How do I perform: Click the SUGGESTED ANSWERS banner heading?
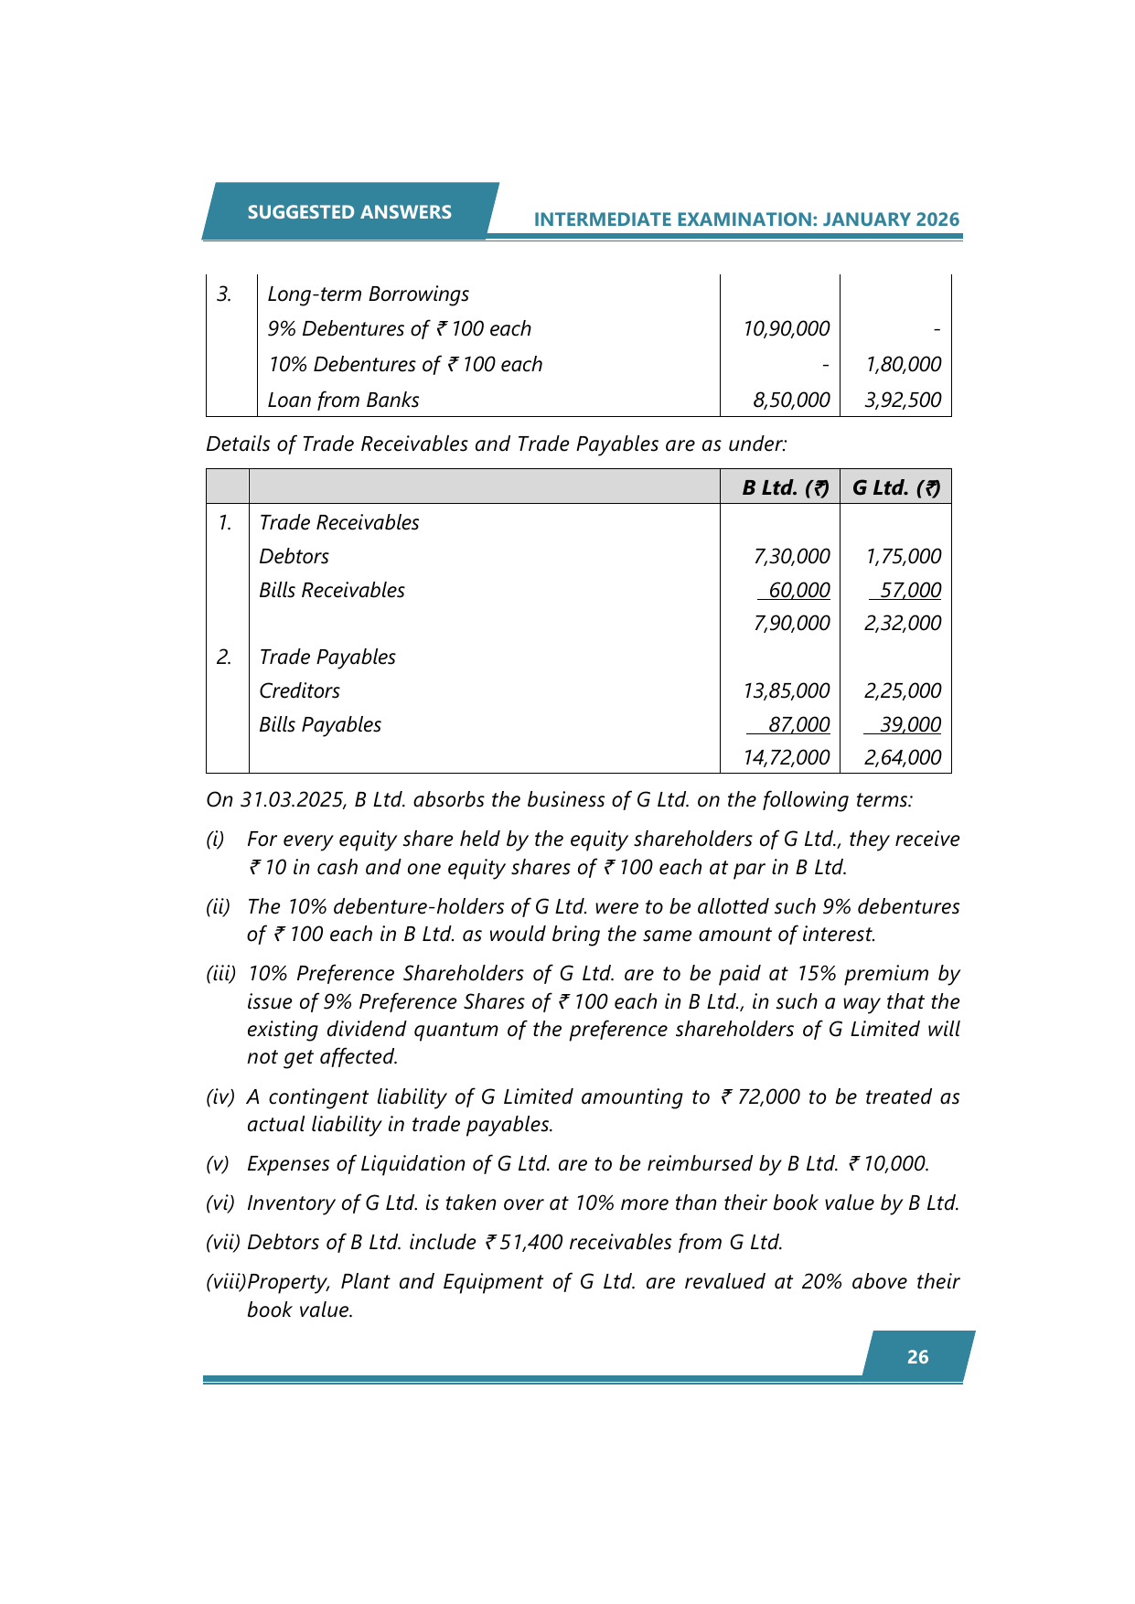[349, 212]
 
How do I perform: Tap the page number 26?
[917, 1357]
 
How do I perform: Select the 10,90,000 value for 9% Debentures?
[786, 329]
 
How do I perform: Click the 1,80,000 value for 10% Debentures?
[903, 365]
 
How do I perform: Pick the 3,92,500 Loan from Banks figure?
[903, 401]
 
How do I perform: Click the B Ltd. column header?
[785, 487]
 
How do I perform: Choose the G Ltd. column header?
[895, 487]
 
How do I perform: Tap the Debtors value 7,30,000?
[791, 557]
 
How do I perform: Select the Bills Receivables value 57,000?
[910, 591]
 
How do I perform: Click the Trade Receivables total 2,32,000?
[903, 624]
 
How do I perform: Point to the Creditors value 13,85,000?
[786, 691]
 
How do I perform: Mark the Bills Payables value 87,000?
[798, 725]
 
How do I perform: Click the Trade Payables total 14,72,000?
[786, 758]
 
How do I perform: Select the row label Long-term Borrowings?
[368, 294]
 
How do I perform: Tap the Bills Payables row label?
[320, 725]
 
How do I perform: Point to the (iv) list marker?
[220, 1097]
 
